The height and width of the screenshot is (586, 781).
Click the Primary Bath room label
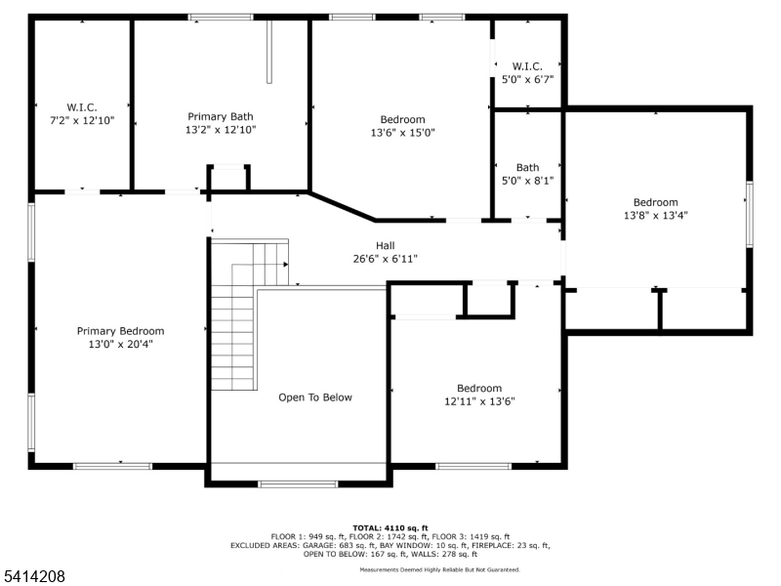(x=221, y=116)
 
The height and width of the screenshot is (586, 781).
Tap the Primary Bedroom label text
(x=120, y=331)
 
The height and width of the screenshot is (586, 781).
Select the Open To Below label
(x=315, y=398)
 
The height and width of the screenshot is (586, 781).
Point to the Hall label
(x=385, y=246)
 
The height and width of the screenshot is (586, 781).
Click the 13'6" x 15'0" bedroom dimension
(x=403, y=133)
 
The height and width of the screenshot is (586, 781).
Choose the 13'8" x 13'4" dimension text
(x=655, y=215)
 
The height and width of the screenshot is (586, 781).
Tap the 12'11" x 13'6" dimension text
(x=479, y=401)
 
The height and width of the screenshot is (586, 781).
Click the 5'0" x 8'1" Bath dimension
(x=527, y=181)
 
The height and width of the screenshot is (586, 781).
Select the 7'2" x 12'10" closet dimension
(x=82, y=120)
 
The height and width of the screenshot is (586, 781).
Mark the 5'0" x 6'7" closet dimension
(x=527, y=79)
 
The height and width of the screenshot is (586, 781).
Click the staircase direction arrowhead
(x=286, y=264)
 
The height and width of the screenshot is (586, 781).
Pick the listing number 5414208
(x=33, y=576)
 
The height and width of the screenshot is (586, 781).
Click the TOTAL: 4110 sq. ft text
(x=390, y=527)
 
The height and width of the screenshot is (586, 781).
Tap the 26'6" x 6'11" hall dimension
(x=385, y=259)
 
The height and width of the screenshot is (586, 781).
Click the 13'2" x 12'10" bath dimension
(x=221, y=130)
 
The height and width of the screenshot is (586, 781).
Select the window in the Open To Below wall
(x=299, y=483)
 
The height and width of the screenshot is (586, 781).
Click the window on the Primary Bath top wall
(x=221, y=18)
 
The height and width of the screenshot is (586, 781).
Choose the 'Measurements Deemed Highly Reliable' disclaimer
(x=440, y=569)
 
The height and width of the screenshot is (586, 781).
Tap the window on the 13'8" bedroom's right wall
(x=749, y=214)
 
